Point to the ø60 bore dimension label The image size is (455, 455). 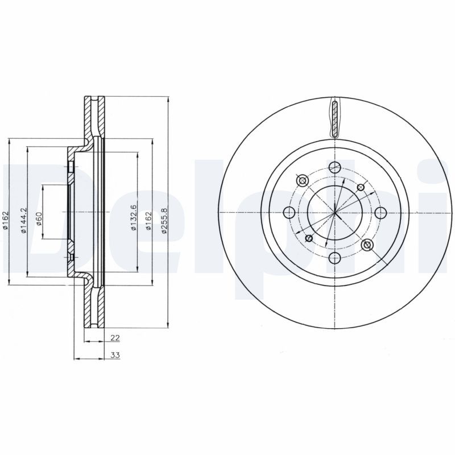[x=39, y=216]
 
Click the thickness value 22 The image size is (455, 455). [x=114, y=338]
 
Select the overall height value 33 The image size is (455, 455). [x=114, y=355]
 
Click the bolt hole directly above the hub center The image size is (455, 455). [x=334, y=167]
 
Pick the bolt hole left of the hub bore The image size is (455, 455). [x=288, y=213]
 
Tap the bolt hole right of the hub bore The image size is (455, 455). [x=380, y=213]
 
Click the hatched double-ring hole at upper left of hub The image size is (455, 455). [x=302, y=180]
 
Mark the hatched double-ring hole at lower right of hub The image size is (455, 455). [x=367, y=245]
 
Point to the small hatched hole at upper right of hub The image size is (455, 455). [x=360, y=187]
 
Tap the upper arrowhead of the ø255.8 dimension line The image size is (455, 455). [x=168, y=100]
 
